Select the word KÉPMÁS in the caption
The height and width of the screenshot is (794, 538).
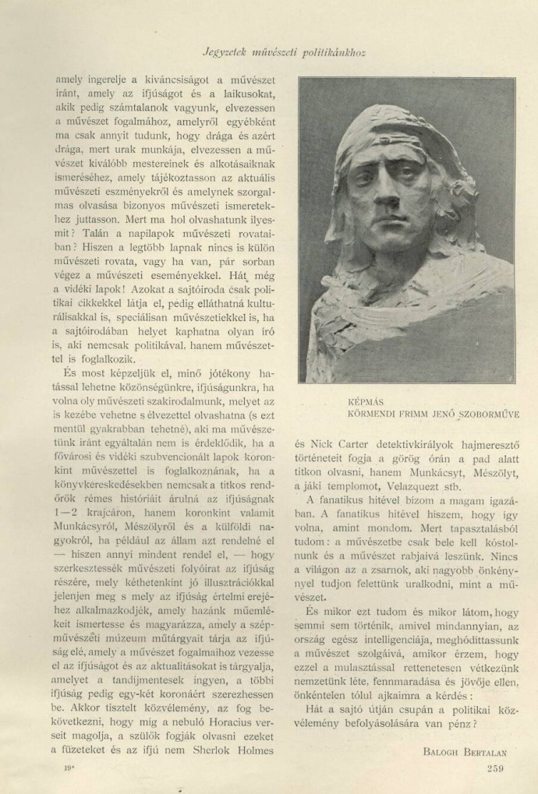coord(364,402)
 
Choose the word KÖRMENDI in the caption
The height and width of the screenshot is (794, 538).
coord(373,415)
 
